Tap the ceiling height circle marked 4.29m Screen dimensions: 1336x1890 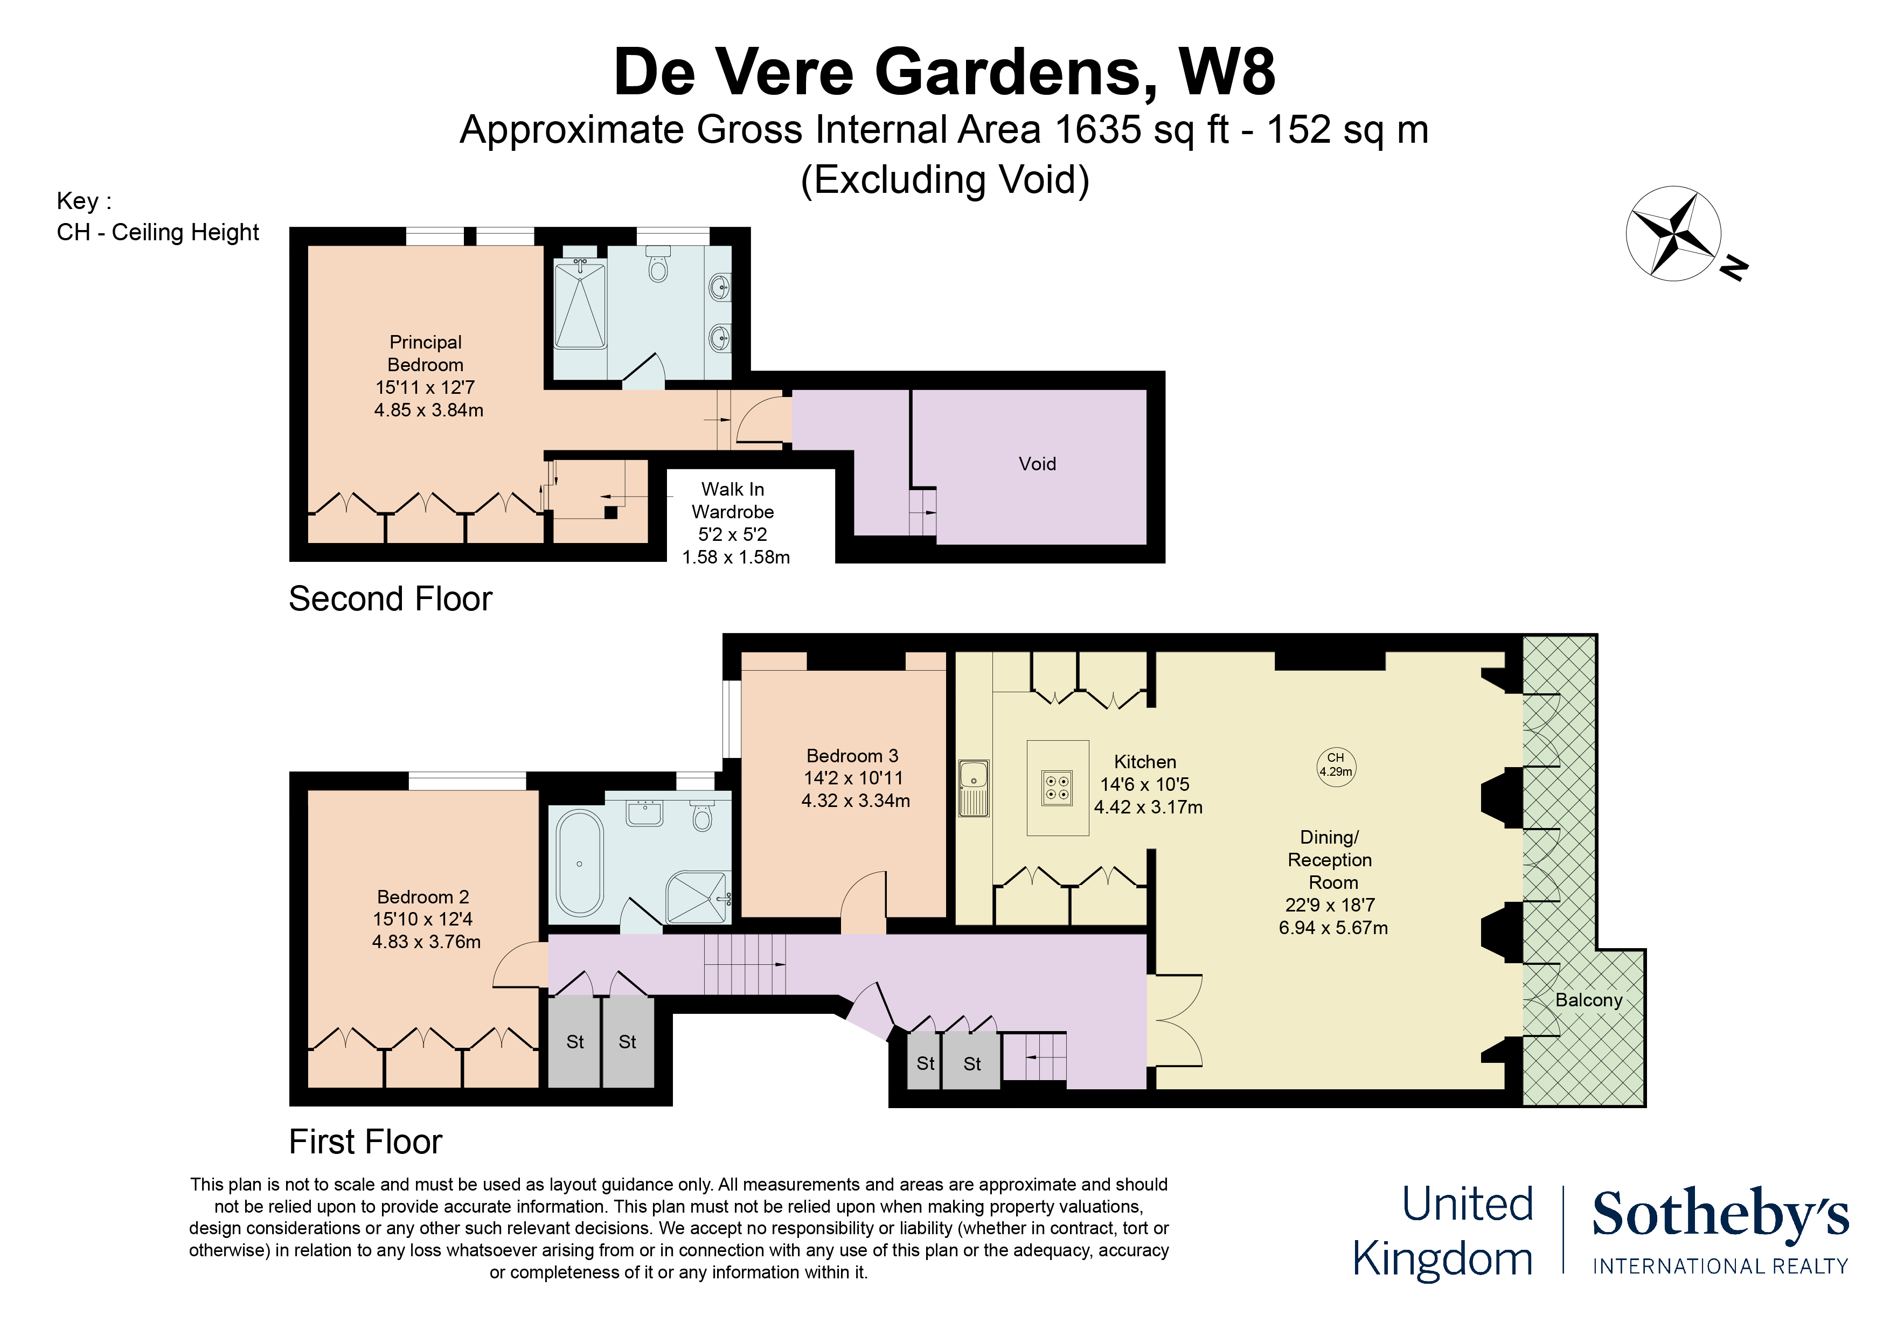1335,767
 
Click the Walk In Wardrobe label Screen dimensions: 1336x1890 733,500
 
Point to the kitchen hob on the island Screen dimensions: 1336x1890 1057,788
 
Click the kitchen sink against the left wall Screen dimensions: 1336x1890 973,788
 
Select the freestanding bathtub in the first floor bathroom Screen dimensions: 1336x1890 580,862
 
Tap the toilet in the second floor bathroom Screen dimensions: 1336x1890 658,267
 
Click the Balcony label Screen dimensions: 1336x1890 1588,1000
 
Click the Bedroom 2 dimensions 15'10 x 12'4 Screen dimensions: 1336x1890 422,920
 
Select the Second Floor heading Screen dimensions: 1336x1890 390,599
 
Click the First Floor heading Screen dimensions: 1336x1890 365,1142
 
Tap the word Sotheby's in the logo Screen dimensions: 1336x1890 1720,1214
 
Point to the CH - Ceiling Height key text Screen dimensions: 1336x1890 158,233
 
